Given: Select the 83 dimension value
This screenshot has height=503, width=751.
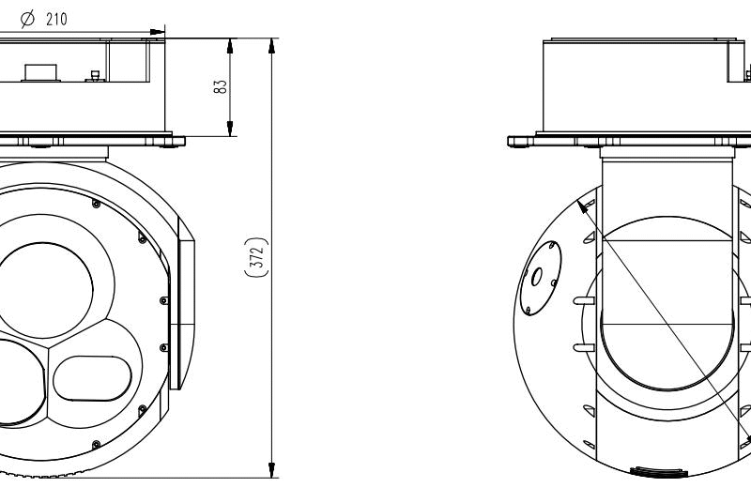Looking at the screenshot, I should coord(220,86).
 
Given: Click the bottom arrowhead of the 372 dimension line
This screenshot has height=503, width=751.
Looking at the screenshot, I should coord(272,470).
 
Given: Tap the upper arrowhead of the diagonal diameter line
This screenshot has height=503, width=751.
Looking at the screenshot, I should coord(584,206).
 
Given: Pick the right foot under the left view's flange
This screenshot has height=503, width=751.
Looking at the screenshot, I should coord(170,143).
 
